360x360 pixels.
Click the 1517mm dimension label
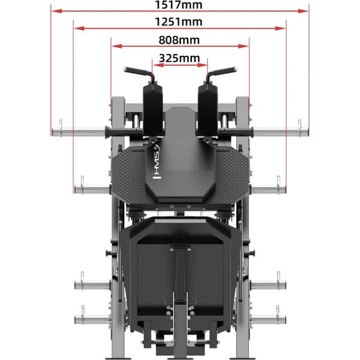pyautogui.click(x=179, y=5)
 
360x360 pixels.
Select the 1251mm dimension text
pyautogui.click(x=179, y=22)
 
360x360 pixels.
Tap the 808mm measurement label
pyautogui.click(x=179, y=40)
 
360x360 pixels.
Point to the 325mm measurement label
pyautogui.click(x=179, y=58)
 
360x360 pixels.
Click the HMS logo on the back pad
pyautogui.click(x=157, y=162)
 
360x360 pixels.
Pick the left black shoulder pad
pyautogui.click(x=153, y=110)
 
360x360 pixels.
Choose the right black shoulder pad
pyautogui.click(x=208, y=110)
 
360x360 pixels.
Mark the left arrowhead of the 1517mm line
pyautogui.click(x=56, y=11)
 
